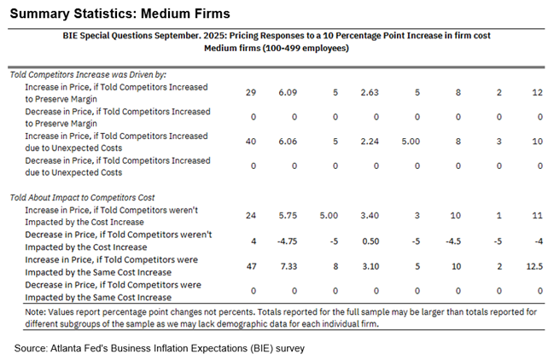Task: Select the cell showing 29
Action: pos(250,92)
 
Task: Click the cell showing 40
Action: pos(250,142)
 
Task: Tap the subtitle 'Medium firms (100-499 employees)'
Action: pos(277,48)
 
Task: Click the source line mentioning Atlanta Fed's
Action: pos(159,348)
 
